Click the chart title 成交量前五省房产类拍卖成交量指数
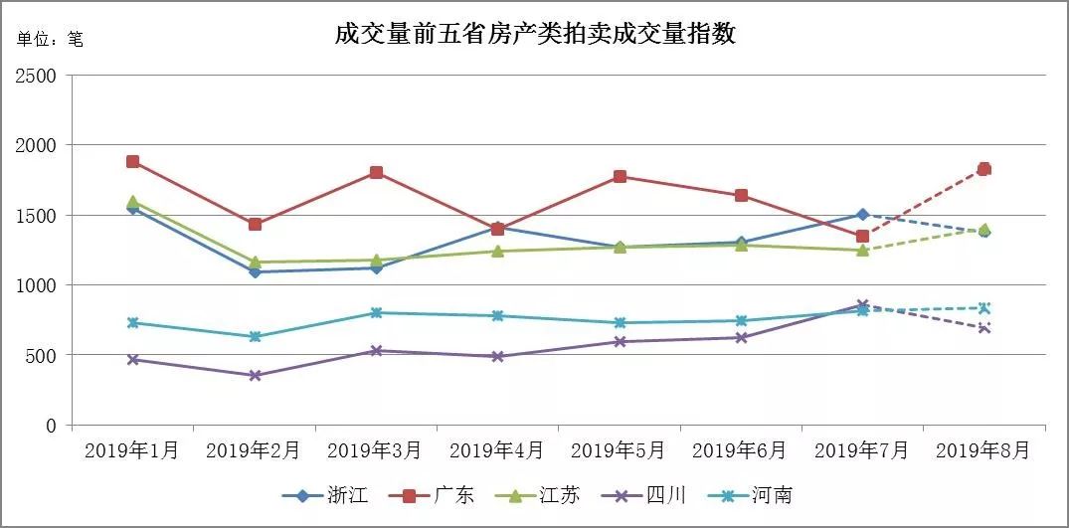tap(535, 34)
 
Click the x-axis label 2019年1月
tap(132, 450)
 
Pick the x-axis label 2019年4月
tap(497, 450)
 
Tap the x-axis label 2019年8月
tap(983, 450)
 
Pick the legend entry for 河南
tap(754, 495)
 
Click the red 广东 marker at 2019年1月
tap(133, 162)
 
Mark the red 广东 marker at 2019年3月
tap(377, 173)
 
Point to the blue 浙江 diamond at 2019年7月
tap(862, 215)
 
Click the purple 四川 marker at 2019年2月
tap(255, 376)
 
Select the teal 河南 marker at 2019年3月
tap(377, 312)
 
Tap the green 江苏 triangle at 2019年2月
tap(255, 263)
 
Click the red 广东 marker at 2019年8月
tap(984, 169)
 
